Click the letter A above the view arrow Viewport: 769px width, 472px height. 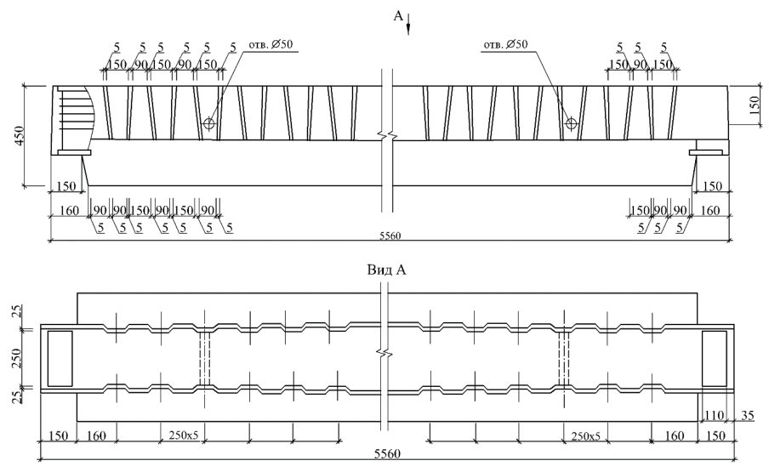pos(398,16)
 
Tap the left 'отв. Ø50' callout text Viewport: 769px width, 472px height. pos(271,44)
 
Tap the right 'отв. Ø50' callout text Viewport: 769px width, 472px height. pos(505,44)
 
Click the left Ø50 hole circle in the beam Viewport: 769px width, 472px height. pos(209,122)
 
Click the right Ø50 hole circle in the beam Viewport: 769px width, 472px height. pos(571,122)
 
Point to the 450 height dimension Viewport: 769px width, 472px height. pos(19,136)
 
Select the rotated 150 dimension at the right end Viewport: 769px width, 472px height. pos(755,105)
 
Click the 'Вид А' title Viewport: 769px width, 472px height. pos(386,270)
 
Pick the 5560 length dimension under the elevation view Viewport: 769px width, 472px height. pos(390,236)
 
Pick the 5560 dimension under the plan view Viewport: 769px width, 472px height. pos(387,453)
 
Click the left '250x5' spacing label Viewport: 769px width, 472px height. pos(184,435)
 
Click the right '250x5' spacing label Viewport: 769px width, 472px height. pos(585,435)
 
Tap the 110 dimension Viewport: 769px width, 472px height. pos(714,415)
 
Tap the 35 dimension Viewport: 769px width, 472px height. pos(748,415)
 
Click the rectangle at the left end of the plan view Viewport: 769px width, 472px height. pos(60,358)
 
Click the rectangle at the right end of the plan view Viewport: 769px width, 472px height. pos(714,358)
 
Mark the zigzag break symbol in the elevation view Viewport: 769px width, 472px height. pos(387,134)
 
